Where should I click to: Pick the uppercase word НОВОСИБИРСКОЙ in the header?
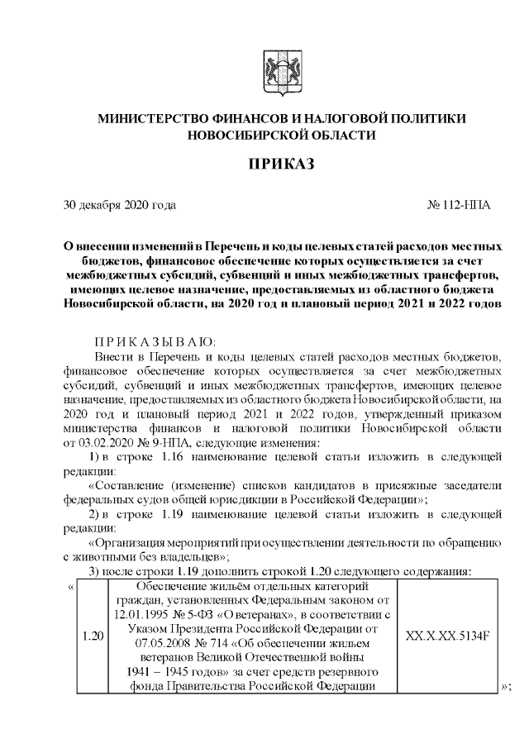tap(240, 135)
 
